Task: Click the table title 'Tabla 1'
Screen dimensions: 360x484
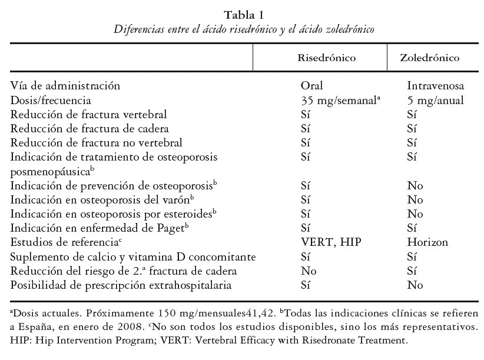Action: click(241, 15)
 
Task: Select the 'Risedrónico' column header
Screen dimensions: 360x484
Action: click(326, 58)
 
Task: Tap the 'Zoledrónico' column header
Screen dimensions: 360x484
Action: click(429, 58)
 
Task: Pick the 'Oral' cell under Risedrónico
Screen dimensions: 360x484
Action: click(312, 86)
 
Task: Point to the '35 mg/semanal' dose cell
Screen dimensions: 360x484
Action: click(338, 101)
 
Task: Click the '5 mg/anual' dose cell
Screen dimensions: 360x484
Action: click(435, 101)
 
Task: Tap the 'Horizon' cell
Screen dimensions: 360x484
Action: click(427, 242)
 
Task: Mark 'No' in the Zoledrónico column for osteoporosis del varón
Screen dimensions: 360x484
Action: click(415, 200)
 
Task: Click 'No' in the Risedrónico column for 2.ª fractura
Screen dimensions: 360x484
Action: click(309, 271)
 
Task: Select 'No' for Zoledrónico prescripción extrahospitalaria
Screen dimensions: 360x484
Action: click(415, 285)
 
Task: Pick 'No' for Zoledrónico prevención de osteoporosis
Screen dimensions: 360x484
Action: click(415, 186)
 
